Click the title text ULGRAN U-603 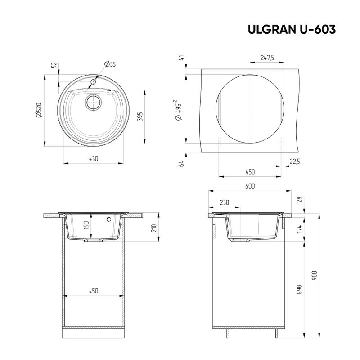pyautogui.click(x=291, y=29)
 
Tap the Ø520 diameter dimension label pyautogui.click(x=39, y=110)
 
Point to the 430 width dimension pyautogui.click(x=94, y=158)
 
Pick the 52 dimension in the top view pyautogui.click(x=54, y=66)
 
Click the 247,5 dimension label pyautogui.click(x=267, y=57)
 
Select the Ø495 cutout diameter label pyautogui.click(x=179, y=110)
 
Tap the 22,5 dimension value pyautogui.click(x=295, y=162)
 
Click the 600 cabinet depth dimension pyautogui.click(x=250, y=186)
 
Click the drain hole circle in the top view pyautogui.click(x=94, y=102)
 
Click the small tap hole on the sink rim pyautogui.click(x=94, y=82)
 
